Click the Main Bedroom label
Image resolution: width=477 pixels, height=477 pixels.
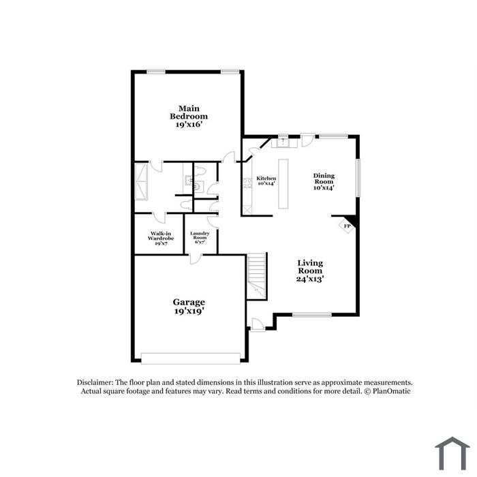189,117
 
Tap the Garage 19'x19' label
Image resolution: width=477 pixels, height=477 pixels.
189,307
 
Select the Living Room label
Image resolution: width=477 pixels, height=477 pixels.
310,271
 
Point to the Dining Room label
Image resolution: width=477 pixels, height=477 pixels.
324,181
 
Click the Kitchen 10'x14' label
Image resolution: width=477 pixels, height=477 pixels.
266,181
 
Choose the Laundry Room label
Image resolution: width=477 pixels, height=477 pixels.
200,238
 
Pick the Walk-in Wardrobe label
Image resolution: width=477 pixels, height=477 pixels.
161,238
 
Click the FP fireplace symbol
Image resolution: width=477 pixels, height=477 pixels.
347,226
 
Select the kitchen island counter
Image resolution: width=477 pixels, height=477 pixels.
283,183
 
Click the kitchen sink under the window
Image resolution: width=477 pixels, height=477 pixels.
284,142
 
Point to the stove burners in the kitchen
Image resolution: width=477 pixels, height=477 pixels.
247,183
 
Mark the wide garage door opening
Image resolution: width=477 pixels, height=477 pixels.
191,358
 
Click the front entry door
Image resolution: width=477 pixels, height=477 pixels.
257,325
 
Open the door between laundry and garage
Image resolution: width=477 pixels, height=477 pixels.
196,259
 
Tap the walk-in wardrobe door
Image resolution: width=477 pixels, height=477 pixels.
159,217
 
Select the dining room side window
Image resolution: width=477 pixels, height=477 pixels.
358,177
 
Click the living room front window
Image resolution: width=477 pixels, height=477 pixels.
312,315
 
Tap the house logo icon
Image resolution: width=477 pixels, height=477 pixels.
452,454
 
